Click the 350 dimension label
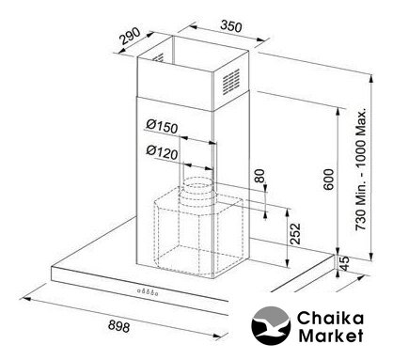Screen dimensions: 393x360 click(x=231, y=26)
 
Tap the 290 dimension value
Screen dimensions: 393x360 click(x=131, y=37)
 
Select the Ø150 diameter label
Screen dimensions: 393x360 click(x=162, y=126)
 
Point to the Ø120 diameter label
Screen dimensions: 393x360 click(x=162, y=152)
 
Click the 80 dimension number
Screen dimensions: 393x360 click(x=259, y=176)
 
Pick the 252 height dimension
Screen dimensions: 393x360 click(x=295, y=234)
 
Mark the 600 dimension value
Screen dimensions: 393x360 click(x=329, y=180)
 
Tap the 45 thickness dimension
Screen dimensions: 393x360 click(x=344, y=263)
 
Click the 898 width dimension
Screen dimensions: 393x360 click(x=118, y=326)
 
